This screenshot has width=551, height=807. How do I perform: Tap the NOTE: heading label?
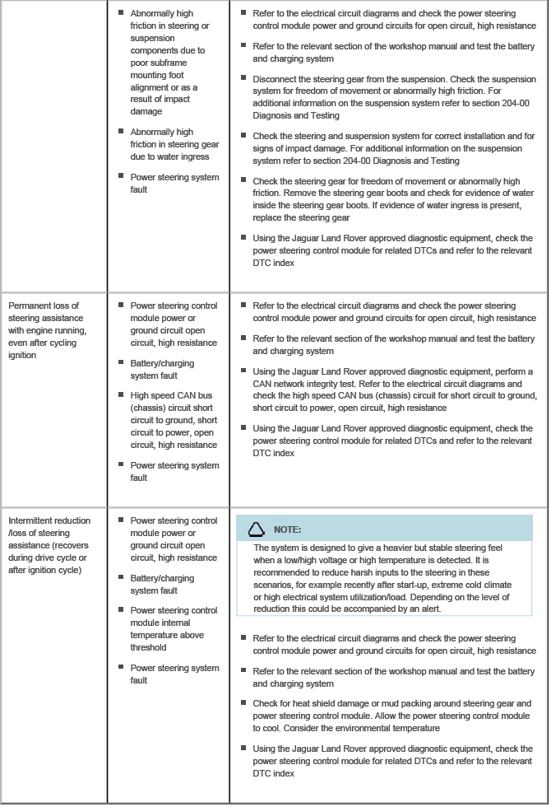[287, 529]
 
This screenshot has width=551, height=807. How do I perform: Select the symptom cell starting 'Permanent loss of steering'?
[49, 329]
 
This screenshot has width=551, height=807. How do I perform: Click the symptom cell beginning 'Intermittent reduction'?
[49, 545]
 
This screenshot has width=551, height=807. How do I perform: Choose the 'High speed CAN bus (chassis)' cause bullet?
[174, 420]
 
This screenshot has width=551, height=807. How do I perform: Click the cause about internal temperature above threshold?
[174, 628]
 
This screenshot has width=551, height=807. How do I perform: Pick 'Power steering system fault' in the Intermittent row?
[174, 674]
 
